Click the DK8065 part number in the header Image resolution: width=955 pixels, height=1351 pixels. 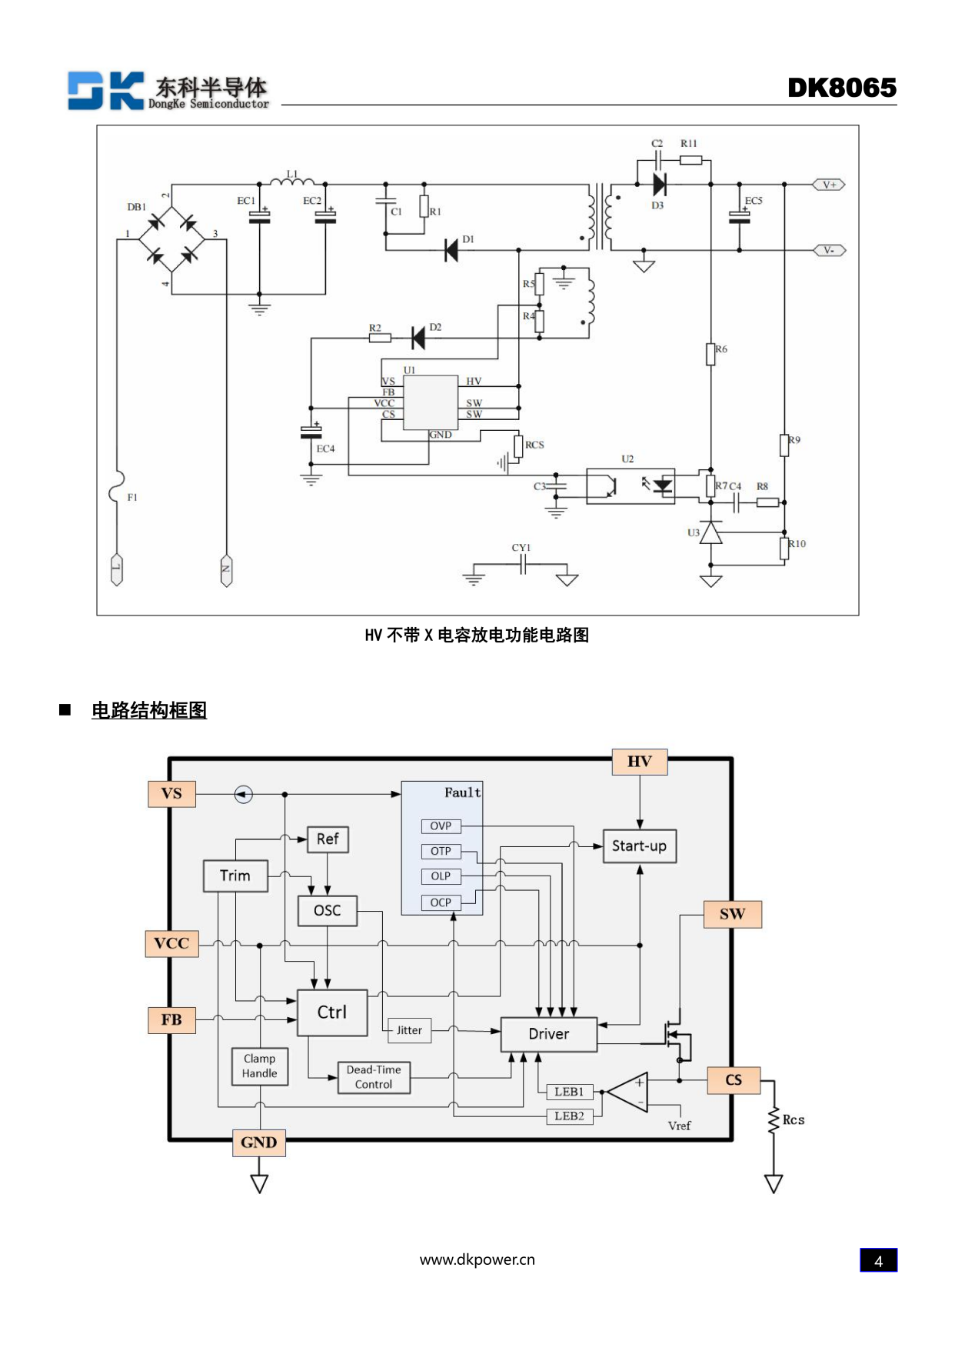(x=841, y=88)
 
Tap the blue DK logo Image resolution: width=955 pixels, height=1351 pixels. (x=105, y=91)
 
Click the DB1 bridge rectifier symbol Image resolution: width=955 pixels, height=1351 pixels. (x=171, y=239)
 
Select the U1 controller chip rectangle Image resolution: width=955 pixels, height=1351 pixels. (x=431, y=402)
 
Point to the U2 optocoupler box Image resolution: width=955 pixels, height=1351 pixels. (x=630, y=485)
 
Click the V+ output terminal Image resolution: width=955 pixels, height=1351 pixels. (x=829, y=185)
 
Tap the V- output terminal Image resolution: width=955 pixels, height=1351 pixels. (x=829, y=250)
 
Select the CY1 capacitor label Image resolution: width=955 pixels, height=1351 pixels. (x=521, y=548)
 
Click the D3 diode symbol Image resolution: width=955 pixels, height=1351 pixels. (x=659, y=185)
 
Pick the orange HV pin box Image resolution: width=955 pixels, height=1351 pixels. (x=639, y=762)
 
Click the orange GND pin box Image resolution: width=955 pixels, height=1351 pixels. (x=258, y=1143)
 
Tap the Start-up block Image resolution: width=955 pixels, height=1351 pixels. (x=639, y=846)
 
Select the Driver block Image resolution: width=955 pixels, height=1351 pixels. (x=548, y=1034)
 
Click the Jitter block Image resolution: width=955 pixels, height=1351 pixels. (x=409, y=1030)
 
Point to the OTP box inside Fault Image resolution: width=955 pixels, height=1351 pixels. (x=441, y=851)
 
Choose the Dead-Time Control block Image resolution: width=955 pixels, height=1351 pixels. (x=374, y=1077)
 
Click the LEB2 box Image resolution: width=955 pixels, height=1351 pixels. (x=569, y=1116)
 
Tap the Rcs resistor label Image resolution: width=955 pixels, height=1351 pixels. (x=794, y=1120)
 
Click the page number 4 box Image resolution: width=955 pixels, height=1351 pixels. (x=878, y=1260)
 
